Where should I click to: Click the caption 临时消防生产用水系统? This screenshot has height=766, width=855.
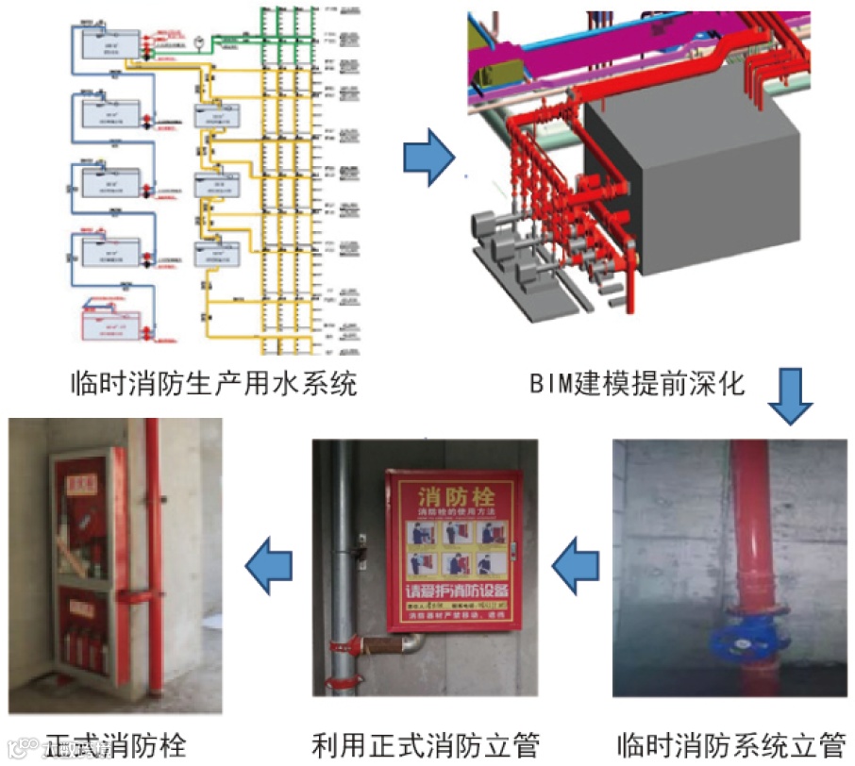(214, 385)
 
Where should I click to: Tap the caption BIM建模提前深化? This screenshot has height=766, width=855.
(638, 385)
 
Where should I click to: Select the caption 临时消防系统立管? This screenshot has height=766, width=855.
(730, 745)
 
